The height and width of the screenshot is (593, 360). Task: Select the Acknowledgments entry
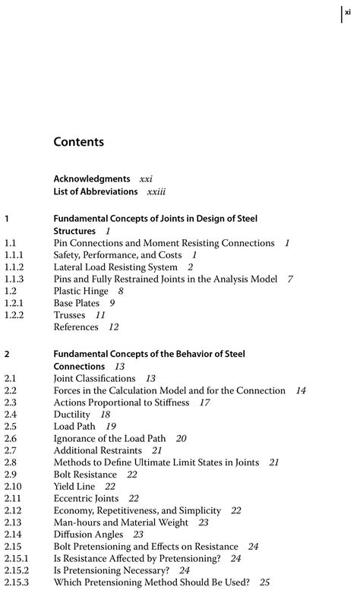tap(92, 179)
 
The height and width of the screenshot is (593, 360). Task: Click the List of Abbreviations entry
tap(96, 191)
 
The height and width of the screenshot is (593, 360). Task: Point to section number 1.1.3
tap(14, 279)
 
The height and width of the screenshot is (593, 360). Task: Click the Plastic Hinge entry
tap(77, 291)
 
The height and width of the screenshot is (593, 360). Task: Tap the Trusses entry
tap(69, 315)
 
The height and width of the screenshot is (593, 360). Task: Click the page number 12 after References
tap(114, 327)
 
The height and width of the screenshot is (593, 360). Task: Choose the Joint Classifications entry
tap(94, 378)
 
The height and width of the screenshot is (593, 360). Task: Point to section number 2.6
tap(10, 439)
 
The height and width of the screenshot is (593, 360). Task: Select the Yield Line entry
tap(74, 487)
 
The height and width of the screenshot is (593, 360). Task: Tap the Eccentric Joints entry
tap(86, 499)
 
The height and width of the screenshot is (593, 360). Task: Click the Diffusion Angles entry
tap(87, 535)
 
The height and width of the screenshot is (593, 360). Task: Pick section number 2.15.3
tap(16, 583)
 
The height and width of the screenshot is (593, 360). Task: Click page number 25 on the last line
tap(265, 583)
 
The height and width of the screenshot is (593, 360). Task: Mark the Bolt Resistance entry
tap(85, 475)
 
